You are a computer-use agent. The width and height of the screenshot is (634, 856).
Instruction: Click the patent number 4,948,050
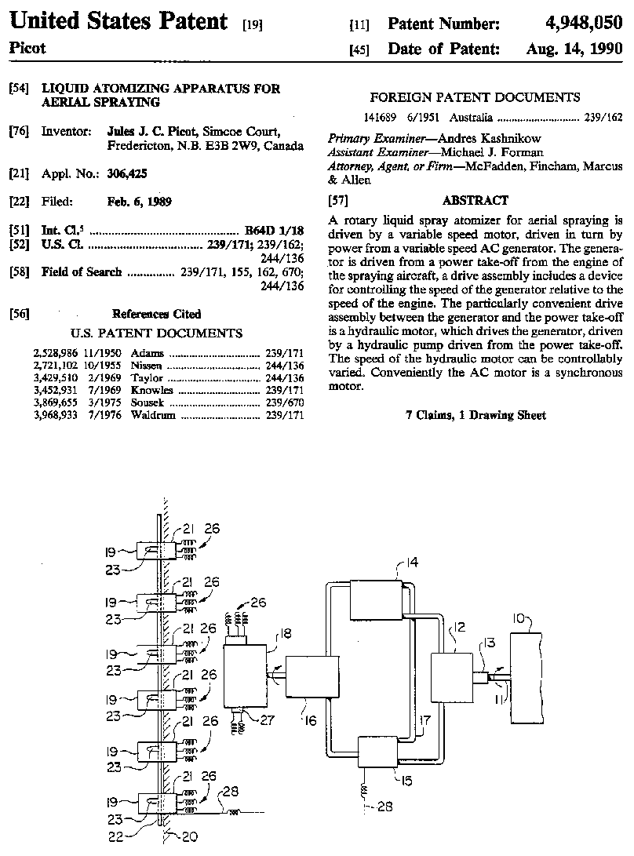pos(584,23)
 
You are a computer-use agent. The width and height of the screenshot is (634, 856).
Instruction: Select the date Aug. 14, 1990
pos(574,49)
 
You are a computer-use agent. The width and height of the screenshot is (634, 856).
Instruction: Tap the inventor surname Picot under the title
pos(27,49)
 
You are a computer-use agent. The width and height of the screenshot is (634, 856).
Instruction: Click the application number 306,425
pos(127,173)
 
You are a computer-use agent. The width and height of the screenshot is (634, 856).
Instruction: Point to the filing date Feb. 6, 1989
pos(139,202)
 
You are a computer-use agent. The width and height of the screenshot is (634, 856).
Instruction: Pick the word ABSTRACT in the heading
pos(475,200)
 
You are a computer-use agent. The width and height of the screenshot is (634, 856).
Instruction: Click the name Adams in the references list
pos(147,353)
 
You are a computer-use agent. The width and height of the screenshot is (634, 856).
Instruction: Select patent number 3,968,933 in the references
pos(56,415)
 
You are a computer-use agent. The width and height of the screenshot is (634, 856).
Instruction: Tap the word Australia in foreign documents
pos(471,118)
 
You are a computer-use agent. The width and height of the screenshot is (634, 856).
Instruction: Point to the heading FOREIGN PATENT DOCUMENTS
pos(475,98)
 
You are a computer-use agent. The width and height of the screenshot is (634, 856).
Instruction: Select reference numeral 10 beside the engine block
pos(519,619)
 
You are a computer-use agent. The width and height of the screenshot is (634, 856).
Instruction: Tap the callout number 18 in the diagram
pos(286,633)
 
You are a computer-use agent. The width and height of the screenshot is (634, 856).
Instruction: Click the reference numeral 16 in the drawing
pos(311,721)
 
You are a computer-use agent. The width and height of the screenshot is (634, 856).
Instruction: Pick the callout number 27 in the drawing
pos(267,719)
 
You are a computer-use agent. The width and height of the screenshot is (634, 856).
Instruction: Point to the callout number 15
pos(406,781)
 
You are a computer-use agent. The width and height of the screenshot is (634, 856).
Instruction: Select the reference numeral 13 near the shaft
pos(490,643)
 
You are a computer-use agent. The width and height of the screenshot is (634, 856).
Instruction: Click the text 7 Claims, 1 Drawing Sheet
pos(475,415)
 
